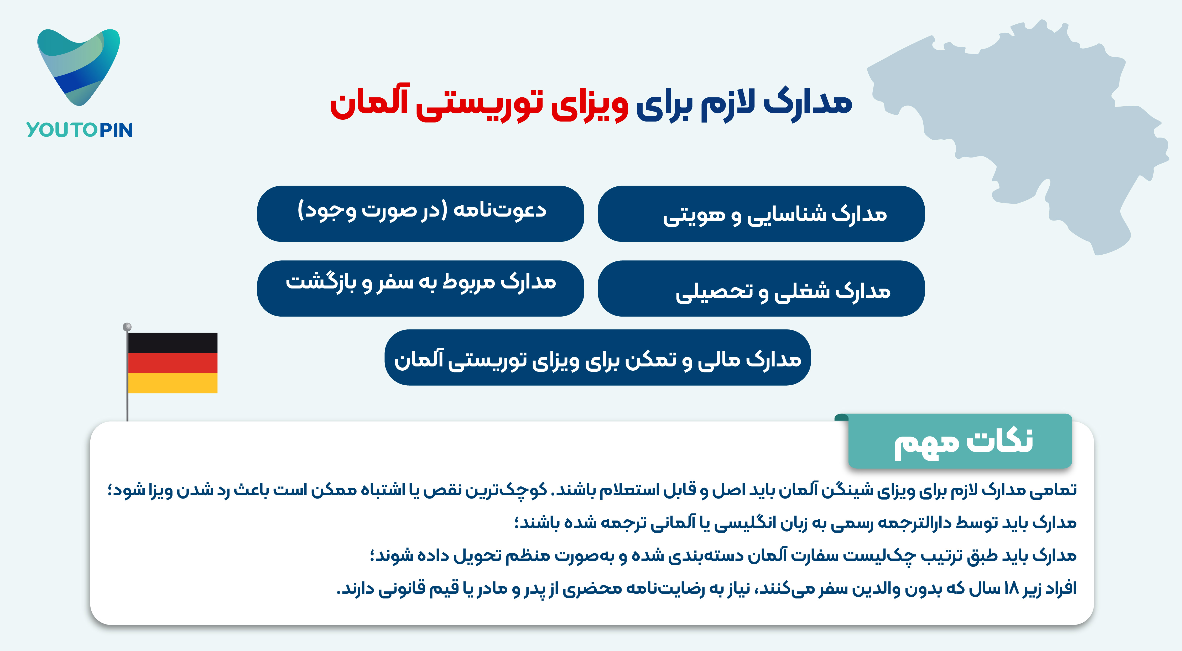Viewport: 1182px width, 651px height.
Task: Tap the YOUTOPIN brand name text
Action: pos(79,130)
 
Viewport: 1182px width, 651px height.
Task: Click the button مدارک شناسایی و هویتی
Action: pos(761,214)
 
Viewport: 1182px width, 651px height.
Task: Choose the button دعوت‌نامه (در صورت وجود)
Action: pos(420,214)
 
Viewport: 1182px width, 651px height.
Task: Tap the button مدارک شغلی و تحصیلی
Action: pos(761,288)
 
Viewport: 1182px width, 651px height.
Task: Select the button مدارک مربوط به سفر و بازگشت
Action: pos(420,288)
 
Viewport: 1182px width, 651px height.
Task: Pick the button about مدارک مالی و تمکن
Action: pos(597,357)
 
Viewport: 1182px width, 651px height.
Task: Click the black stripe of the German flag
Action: pos(173,343)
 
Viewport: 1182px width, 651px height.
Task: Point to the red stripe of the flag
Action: pos(173,363)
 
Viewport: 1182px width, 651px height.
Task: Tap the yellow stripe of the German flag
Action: pos(173,383)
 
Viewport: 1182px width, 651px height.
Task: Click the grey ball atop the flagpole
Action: pos(127,327)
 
